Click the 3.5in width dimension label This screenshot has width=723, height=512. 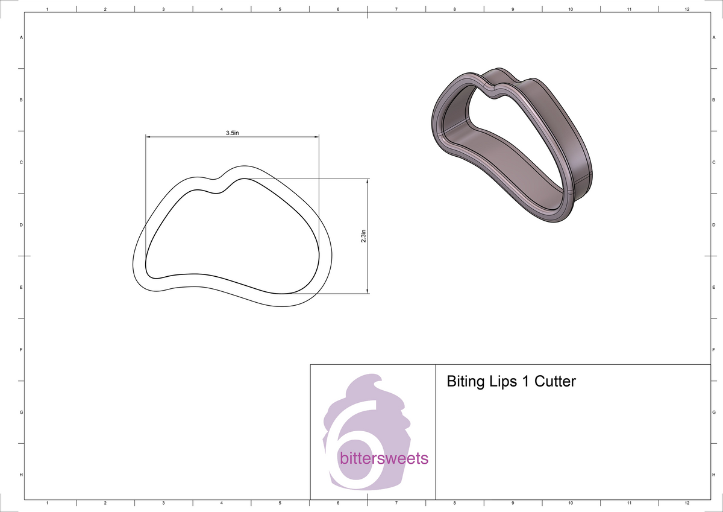233,133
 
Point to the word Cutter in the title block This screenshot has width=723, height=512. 556,382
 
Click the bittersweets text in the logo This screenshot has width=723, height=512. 384,458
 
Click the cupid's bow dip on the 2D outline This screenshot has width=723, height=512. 215,179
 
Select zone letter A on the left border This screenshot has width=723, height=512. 22,37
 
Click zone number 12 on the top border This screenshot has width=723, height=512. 687,10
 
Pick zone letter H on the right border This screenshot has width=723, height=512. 713,475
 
